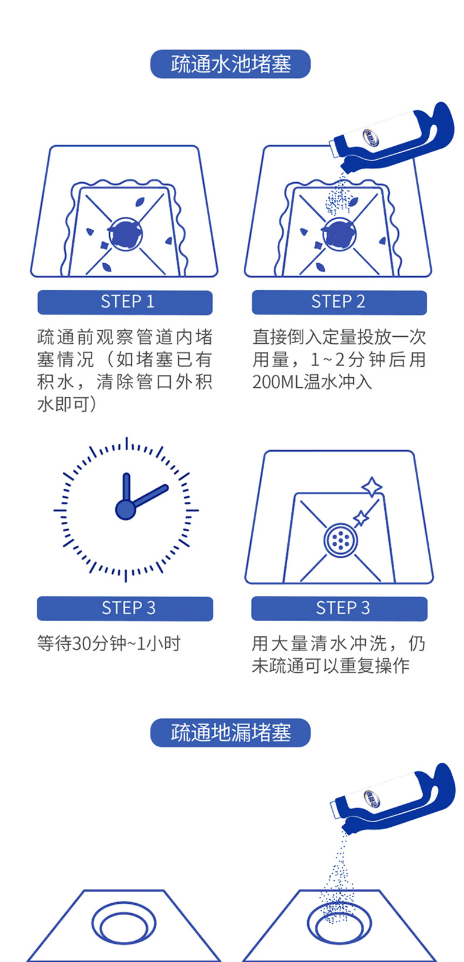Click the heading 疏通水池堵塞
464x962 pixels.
pos(230,64)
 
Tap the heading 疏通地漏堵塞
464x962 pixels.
pos(230,732)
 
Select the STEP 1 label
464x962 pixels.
pos(125,302)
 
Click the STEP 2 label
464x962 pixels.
pos(339,302)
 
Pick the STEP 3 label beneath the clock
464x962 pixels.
pos(125,608)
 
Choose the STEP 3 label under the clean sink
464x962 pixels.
pos(339,608)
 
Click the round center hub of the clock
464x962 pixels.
pos(126,510)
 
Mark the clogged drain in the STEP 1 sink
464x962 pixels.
pos(125,234)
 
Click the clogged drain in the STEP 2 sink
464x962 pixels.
pos(339,234)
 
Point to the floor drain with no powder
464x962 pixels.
pos(123,923)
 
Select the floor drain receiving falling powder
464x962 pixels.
pos(339,923)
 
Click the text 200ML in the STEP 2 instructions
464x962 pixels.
pos(278,382)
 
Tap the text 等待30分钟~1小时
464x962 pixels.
pos(109,643)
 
